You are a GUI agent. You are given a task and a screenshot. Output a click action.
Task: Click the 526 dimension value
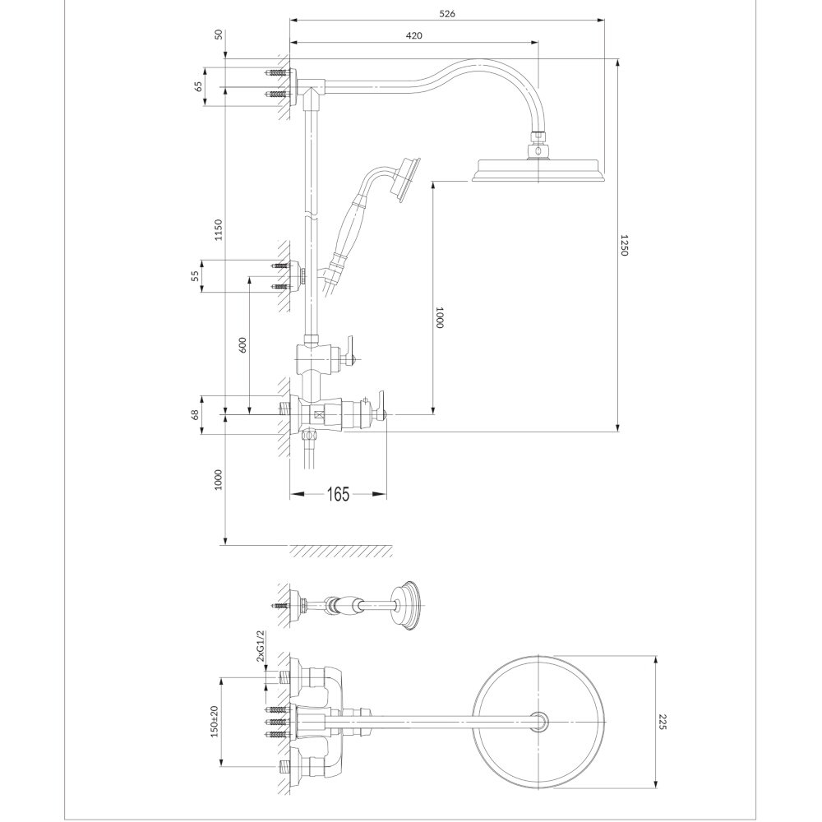click(x=446, y=14)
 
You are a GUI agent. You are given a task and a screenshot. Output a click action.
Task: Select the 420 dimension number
click(x=413, y=35)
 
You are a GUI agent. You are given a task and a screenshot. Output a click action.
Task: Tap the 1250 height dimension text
click(x=623, y=245)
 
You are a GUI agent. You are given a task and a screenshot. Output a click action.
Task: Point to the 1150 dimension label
click(x=219, y=229)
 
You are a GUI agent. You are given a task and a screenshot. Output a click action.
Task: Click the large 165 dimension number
click(x=338, y=494)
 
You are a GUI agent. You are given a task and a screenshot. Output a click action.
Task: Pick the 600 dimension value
click(x=242, y=344)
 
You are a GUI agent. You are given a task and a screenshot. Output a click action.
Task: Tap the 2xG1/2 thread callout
click(x=261, y=647)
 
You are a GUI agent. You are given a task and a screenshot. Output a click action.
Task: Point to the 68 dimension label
click(x=195, y=414)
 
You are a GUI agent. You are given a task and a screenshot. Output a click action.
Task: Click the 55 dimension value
click(x=195, y=276)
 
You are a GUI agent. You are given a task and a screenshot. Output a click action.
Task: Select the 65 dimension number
click(x=198, y=87)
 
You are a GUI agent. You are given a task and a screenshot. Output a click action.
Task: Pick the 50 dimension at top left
click(x=219, y=35)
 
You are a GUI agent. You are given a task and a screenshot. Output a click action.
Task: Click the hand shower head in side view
click(x=407, y=180)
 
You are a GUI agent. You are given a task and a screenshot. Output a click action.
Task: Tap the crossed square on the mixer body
click(x=318, y=415)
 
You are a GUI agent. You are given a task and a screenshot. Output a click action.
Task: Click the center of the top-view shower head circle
click(x=539, y=722)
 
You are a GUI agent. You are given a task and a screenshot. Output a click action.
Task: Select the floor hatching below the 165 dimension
click(x=341, y=551)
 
